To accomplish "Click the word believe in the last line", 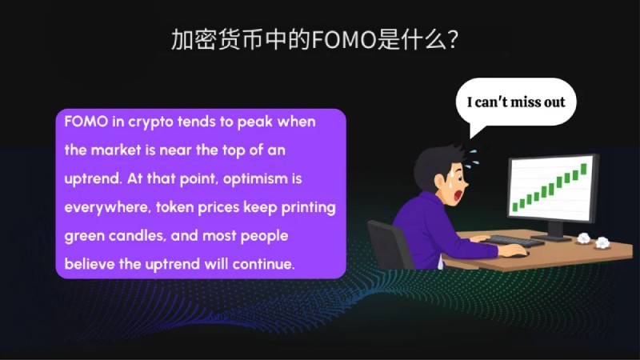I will coord(89,264).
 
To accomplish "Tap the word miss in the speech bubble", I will coord(526,102).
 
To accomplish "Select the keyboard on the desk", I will coord(515,241).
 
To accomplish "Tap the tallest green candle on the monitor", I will coord(584,169).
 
